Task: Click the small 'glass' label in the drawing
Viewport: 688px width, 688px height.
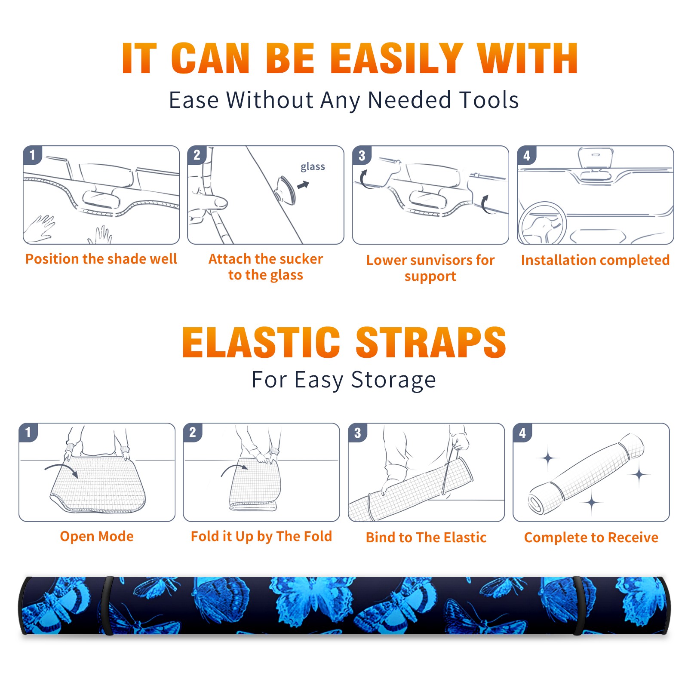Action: point(313,167)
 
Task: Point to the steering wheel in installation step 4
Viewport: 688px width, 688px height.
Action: point(542,223)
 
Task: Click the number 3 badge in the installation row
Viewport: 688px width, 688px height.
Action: point(362,156)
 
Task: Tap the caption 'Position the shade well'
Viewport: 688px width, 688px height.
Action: point(101,259)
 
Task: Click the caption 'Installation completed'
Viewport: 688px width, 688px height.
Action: point(595,260)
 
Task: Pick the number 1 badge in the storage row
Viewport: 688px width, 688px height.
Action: point(28,433)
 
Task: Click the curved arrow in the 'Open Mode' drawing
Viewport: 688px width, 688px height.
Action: point(61,469)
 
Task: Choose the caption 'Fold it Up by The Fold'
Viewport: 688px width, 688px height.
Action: point(261,536)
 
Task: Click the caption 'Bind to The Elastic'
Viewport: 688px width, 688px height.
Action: point(426,537)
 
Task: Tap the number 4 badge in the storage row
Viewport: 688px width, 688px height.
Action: point(522,433)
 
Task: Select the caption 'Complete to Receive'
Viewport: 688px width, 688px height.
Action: point(591,537)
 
